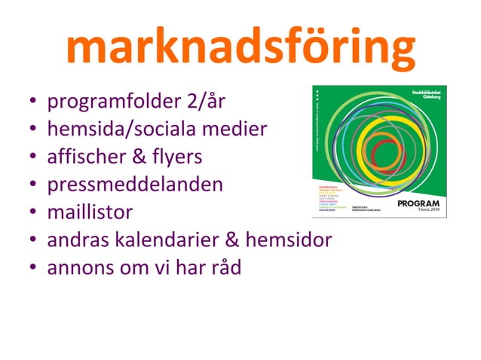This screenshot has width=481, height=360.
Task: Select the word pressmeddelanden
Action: pyautogui.click(x=134, y=185)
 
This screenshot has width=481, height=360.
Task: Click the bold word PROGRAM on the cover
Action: pyautogui.click(x=418, y=203)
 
